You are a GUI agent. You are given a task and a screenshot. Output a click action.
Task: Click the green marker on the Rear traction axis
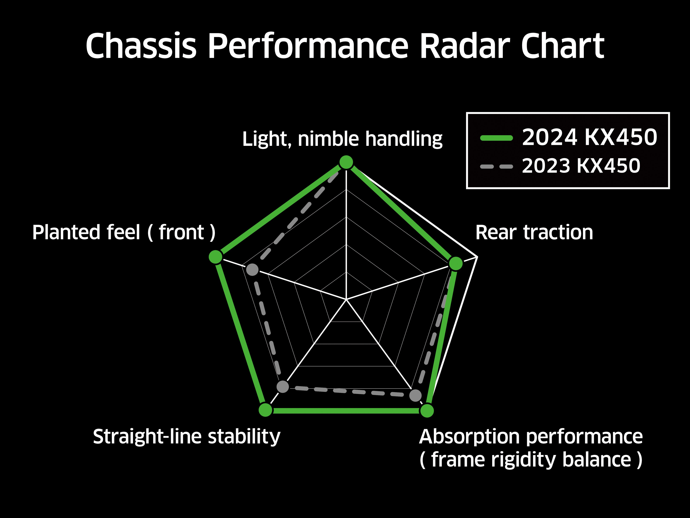point(456,263)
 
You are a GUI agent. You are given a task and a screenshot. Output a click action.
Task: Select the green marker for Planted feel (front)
point(215,257)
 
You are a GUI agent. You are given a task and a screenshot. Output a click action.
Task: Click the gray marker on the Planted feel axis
point(252,269)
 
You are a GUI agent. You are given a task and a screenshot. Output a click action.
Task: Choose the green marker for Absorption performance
point(427,411)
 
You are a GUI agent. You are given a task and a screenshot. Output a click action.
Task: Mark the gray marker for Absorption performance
point(415,395)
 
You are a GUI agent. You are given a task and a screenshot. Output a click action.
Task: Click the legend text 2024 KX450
point(590,137)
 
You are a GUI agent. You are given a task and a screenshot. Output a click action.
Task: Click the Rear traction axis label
point(534,233)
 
